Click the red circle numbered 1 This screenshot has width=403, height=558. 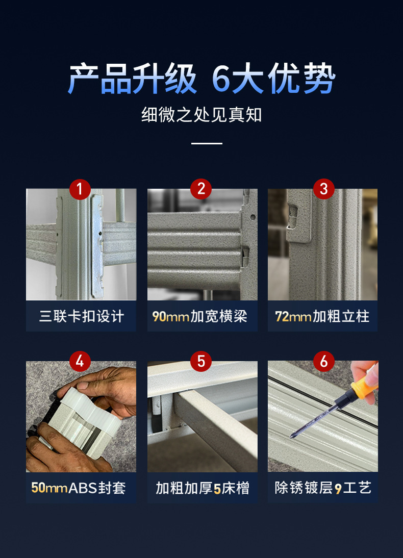point(80,189)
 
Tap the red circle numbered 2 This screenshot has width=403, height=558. point(201,189)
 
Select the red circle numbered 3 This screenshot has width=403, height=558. point(323,189)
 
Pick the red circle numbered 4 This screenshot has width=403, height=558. point(80,361)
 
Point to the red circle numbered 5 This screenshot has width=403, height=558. point(201,361)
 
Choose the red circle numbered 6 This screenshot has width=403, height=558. point(323,361)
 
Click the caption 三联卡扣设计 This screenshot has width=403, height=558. point(82,316)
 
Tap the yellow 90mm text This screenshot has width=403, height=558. point(170,316)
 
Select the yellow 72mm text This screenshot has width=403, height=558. point(293,316)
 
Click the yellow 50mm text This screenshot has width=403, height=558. point(49,488)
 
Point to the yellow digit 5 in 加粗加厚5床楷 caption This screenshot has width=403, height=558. point(217,489)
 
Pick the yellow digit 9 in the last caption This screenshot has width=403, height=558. point(338,489)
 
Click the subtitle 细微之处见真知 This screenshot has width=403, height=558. point(202,115)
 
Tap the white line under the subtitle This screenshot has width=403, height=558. point(207,143)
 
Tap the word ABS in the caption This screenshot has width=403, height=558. point(82,488)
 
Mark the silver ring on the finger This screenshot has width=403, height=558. point(45,445)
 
